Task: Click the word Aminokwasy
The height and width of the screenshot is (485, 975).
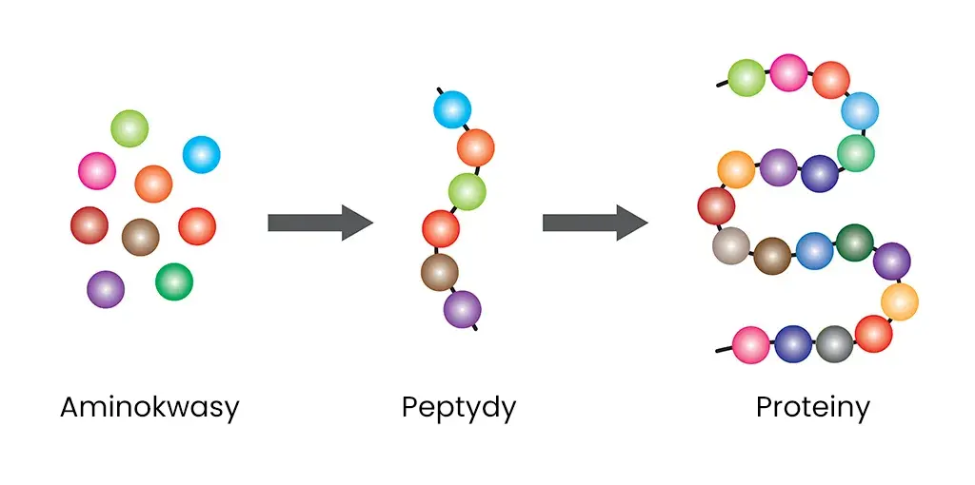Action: click(x=149, y=408)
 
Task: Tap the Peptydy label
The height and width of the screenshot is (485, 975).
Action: click(x=459, y=408)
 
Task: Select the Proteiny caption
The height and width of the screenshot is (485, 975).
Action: click(x=813, y=408)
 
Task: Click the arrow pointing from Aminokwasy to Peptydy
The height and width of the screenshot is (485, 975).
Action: click(x=320, y=223)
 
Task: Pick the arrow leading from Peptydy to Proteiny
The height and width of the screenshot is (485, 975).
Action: click(x=595, y=223)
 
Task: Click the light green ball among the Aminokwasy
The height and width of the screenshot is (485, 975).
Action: click(x=129, y=128)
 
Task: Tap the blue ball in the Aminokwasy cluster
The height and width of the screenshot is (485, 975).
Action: click(x=202, y=154)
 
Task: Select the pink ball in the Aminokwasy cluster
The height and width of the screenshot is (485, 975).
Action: click(x=97, y=171)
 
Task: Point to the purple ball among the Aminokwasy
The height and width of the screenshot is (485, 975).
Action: click(x=106, y=289)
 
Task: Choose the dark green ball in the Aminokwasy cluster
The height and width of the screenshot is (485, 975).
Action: click(x=174, y=281)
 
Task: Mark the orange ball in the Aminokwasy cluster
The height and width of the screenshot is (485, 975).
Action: click(x=153, y=184)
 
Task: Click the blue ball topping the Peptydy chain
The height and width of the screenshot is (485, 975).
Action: click(x=452, y=109)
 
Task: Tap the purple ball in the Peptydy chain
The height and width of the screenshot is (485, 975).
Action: click(x=463, y=309)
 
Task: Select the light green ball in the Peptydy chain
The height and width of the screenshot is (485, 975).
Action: click(x=467, y=192)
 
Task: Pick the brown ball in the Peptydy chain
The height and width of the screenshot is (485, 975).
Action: click(x=440, y=272)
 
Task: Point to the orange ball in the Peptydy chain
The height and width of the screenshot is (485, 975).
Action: click(x=476, y=147)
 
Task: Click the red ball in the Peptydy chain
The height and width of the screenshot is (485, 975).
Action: click(x=441, y=228)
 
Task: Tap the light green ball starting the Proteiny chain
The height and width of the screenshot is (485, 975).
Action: click(x=746, y=78)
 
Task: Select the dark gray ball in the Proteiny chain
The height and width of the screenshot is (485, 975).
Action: click(x=834, y=344)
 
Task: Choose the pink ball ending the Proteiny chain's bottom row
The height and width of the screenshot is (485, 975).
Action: click(x=751, y=344)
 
